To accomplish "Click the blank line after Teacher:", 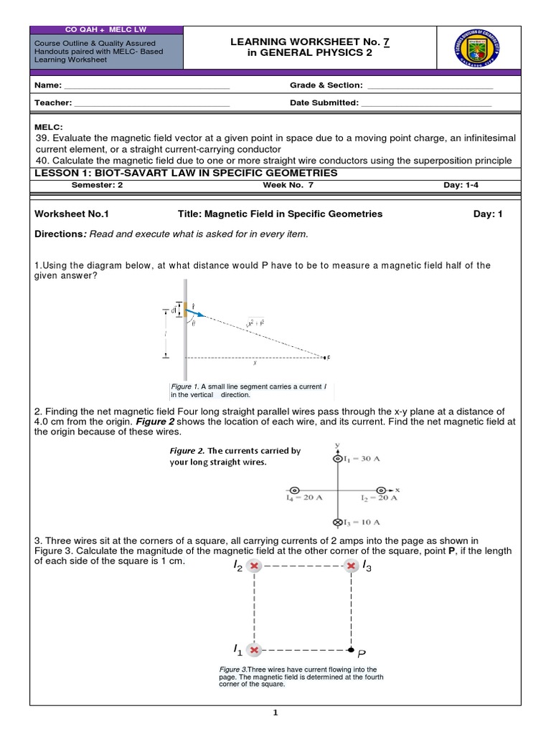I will point(151,103).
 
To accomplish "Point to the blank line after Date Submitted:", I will point(426,103).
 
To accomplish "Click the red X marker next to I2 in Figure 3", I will point(253,566).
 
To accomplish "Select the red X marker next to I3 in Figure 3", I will point(351,566).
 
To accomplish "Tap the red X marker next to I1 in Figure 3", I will point(253,650).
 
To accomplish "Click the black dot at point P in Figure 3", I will point(351,650).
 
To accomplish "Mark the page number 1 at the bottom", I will point(275,712).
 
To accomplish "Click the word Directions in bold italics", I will point(60,234).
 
